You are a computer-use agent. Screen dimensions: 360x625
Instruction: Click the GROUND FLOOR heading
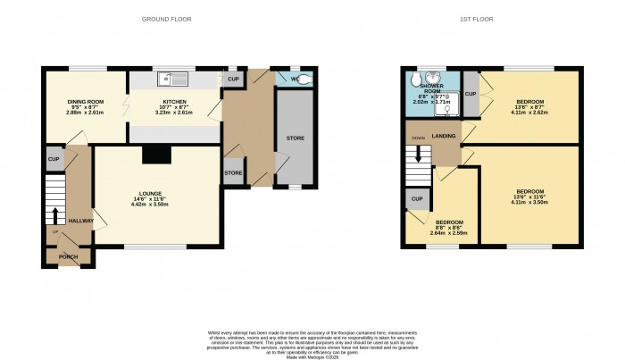pyautogui.click(x=166, y=19)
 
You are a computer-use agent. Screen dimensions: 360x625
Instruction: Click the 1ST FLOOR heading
pyautogui.click(x=490, y=19)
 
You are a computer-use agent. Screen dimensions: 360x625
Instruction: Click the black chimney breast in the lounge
pyautogui.click(x=156, y=155)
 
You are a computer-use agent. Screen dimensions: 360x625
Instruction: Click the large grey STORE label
pyautogui.click(x=296, y=138)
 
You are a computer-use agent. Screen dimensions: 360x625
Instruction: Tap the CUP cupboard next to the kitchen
pyautogui.click(x=233, y=80)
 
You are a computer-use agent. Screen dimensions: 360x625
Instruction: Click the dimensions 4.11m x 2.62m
pyautogui.click(x=529, y=113)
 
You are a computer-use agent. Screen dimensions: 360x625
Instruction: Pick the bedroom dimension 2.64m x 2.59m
pyautogui.click(x=450, y=233)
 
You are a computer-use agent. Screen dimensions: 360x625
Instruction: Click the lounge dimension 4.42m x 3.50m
pyautogui.click(x=156, y=205)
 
